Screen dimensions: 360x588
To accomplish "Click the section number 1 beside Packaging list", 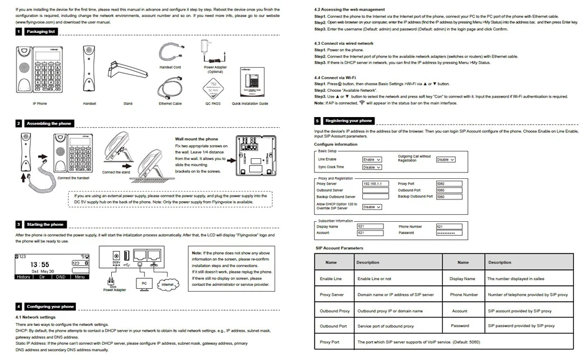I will tap(19, 31).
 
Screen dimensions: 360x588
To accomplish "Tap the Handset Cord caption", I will tap(170, 68).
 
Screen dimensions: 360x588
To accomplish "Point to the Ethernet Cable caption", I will tap(170, 103).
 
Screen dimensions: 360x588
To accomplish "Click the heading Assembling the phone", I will tap(50, 124).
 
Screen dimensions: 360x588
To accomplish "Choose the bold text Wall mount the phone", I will tap(196, 139).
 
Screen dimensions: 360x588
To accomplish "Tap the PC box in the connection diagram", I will tap(144, 283).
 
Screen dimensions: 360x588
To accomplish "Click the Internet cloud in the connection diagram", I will tap(168, 285).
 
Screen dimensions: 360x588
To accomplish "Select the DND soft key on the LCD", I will tap(60, 276).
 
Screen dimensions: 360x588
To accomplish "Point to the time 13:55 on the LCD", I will tap(40, 265).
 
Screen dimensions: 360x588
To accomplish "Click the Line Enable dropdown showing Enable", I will tap(372, 159).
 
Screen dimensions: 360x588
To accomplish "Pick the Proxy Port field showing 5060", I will tap(449, 184).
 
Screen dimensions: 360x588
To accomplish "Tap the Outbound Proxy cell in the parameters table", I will tap(335, 311).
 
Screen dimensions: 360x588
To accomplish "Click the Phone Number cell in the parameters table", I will tap(464, 295).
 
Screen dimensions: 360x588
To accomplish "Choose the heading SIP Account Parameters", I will tap(339, 248).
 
